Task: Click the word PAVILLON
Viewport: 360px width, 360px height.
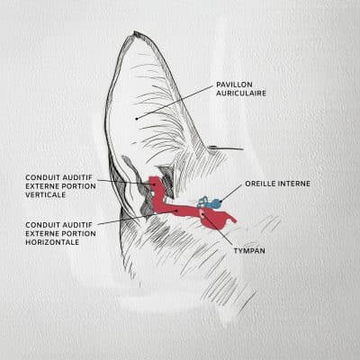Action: point(234,85)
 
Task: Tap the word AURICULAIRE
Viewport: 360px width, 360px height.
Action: point(241,94)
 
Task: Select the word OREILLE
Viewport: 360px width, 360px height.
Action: point(261,184)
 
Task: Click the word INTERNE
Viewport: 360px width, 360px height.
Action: point(294,184)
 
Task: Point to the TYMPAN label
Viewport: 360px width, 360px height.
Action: point(249,250)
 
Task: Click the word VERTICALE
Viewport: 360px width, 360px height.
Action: point(46,194)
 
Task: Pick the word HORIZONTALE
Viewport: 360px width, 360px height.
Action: point(52,242)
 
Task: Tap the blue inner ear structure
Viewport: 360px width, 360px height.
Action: point(210,202)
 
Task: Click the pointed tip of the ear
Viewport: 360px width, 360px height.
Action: point(135,31)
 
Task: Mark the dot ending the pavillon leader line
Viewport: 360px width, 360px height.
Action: point(137,119)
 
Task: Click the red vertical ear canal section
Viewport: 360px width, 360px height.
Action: point(157,192)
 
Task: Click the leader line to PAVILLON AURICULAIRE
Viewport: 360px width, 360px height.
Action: point(175,102)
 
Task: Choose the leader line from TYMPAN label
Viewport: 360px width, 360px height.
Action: point(218,229)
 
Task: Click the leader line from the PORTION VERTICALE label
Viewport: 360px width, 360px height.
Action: point(126,182)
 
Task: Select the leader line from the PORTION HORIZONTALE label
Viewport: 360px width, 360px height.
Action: point(138,217)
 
